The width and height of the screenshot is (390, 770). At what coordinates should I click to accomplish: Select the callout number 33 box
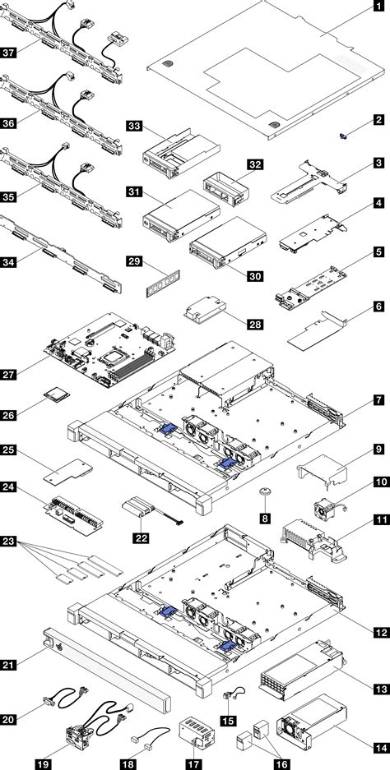coord(134,126)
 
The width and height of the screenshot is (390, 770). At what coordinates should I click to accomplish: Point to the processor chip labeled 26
coord(58,395)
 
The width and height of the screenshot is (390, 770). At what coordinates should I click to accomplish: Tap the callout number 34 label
coord(10,264)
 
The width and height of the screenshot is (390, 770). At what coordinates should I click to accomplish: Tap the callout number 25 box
coord(10,450)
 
